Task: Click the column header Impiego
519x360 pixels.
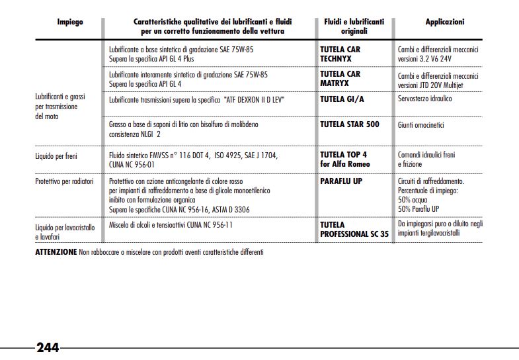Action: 69,22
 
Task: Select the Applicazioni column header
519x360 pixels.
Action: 444,22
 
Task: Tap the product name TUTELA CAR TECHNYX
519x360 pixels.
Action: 340,54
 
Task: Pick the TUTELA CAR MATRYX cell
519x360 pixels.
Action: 340,79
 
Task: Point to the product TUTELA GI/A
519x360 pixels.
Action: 342,99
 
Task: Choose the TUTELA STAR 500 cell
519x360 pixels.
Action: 349,124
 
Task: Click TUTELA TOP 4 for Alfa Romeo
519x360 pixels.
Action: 344,159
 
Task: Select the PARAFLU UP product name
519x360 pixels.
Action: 341,181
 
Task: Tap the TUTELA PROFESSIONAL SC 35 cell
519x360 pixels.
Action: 354,229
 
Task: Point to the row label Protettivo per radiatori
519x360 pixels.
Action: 64,181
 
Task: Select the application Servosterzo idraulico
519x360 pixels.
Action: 424,99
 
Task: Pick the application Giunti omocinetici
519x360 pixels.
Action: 421,124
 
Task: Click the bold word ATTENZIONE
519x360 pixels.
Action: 56,252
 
